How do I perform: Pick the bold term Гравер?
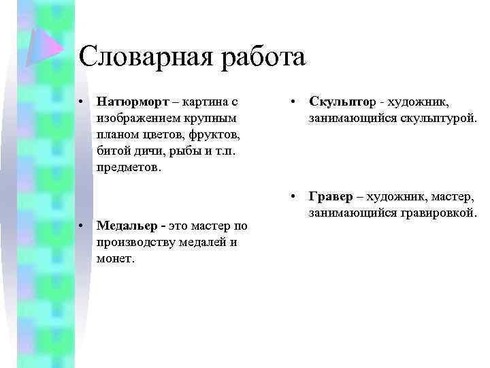point(331,197)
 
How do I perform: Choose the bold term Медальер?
point(131,226)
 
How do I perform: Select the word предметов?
point(129,167)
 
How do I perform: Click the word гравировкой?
point(442,213)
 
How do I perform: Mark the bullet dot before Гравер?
point(291,197)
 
